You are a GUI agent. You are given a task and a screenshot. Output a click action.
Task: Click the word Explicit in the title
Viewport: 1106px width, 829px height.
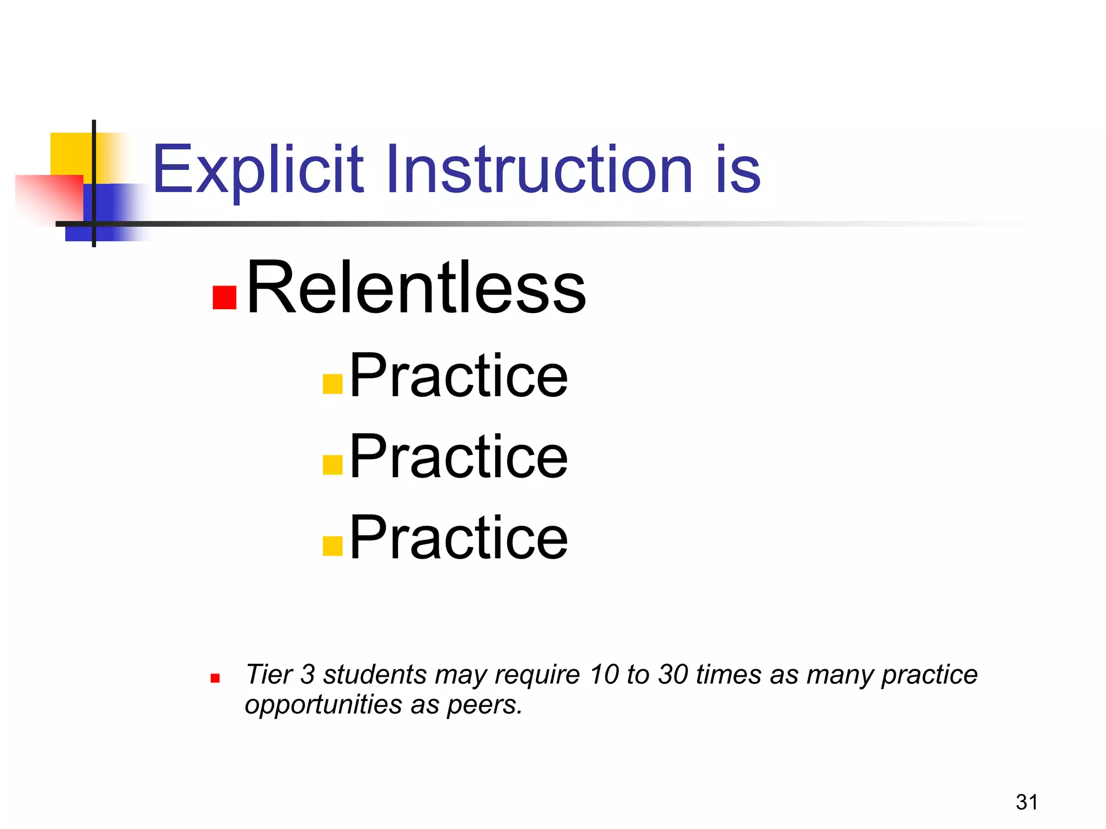point(258,170)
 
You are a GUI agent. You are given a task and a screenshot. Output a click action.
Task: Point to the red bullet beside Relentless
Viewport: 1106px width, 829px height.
point(225,297)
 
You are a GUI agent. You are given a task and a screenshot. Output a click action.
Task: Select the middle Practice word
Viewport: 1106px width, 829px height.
point(458,457)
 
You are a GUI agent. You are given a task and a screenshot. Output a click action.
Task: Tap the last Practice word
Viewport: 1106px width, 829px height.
point(458,538)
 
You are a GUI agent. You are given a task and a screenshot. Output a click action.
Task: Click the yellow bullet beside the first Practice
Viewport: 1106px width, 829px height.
point(333,384)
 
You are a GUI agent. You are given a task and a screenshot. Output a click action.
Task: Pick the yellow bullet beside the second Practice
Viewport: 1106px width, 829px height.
point(333,465)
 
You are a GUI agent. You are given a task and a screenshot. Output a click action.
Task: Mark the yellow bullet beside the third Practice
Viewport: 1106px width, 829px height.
point(333,546)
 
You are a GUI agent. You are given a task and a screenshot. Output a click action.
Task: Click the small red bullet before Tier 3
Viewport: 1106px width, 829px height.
point(215,678)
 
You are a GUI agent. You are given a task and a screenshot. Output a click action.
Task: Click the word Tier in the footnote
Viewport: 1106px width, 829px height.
point(268,675)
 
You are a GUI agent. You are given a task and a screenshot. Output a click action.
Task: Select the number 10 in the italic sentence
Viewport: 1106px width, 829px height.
point(604,675)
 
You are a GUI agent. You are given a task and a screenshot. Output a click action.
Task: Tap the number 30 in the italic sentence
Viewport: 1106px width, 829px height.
point(673,675)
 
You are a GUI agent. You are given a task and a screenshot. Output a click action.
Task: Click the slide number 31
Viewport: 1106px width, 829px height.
point(1027,802)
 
